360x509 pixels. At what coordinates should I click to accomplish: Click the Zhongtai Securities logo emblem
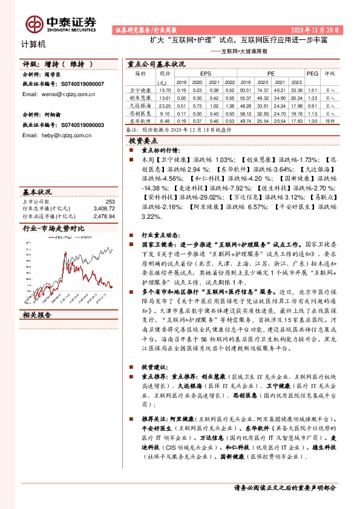[x=33, y=23]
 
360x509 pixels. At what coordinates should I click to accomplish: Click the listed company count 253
[x=110, y=202]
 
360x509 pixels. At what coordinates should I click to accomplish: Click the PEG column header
[x=312, y=73]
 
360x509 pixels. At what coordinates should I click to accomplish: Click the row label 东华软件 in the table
[x=140, y=120]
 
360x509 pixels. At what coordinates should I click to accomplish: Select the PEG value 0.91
[x=312, y=105]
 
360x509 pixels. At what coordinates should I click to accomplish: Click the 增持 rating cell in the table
[x=330, y=120]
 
